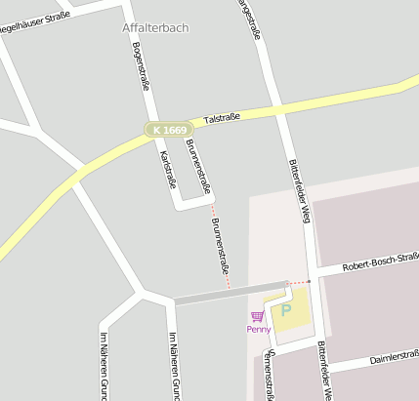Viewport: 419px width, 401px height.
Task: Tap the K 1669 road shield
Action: point(169,129)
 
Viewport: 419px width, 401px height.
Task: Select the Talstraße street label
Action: point(222,118)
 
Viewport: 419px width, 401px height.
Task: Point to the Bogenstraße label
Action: point(140,67)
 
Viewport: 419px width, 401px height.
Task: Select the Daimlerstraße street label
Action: point(394,359)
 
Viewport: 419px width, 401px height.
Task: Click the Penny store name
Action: point(259,329)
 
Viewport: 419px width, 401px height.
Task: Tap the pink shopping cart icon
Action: point(257,316)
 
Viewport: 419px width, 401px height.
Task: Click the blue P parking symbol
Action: point(285,311)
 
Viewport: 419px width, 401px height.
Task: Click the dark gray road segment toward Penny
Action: point(230,294)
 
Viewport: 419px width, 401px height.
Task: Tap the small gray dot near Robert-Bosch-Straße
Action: point(309,281)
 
